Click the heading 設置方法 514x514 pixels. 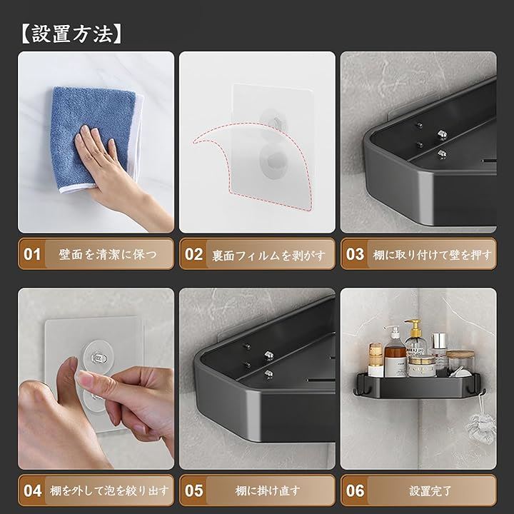coord(72,34)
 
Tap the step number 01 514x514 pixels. coord(32,254)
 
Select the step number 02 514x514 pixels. coord(193,254)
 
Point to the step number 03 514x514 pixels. coord(355,254)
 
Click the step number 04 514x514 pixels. coord(32,490)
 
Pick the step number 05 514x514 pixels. coord(193,490)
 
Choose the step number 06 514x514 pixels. coord(355,490)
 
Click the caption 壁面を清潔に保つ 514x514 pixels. coord(109,254)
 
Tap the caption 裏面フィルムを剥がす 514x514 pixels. coord(269,256)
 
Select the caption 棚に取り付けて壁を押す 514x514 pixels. coord(433,255)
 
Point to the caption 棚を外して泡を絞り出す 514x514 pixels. coord(109,490)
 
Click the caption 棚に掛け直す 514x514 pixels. coord(268,490)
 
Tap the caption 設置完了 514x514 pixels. coord(430,490)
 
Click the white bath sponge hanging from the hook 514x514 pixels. coord(481,428)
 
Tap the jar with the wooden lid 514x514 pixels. coord(460,362)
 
